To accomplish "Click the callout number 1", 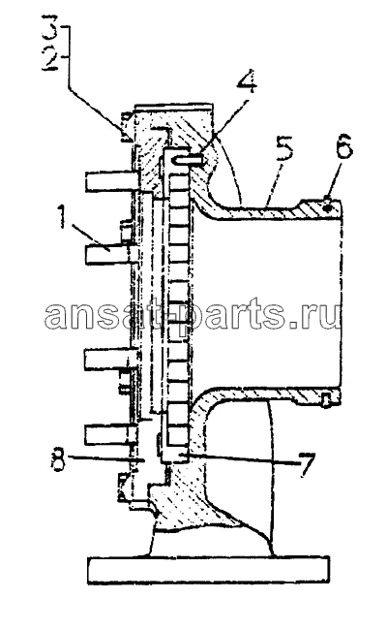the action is click(61, 216).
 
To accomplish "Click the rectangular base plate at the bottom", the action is click(209, 570).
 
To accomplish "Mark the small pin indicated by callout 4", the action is click(189, 160).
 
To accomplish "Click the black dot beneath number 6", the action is click(328, 207).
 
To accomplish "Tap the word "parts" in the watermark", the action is click(223, 314).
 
